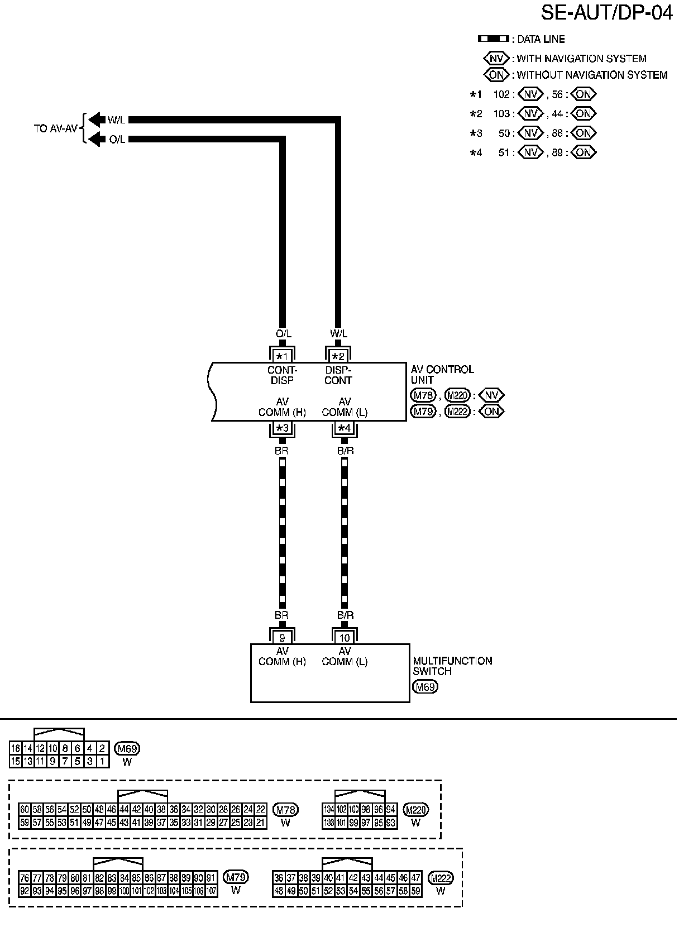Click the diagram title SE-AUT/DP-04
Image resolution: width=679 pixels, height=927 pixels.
point(606,13)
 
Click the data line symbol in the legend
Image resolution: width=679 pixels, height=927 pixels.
point(493,39)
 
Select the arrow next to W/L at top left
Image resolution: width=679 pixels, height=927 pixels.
point(97,120)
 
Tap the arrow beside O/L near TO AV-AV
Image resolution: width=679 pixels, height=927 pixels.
point(97,139)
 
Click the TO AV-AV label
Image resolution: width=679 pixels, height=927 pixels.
point(55,129)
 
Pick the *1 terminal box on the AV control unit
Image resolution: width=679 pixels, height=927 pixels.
point(282,356)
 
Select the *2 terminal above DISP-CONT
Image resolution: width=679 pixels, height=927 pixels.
point(338,356)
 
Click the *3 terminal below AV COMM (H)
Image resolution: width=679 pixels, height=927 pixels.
point(282,428)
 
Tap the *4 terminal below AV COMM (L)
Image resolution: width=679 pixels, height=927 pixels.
point(345,428)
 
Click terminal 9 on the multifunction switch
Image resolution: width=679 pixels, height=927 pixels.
point(282,637)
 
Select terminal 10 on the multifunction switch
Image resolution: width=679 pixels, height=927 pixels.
point(345,637)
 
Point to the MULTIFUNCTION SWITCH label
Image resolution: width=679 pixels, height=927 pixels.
point(452,666)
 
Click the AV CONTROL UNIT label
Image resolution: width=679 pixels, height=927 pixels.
point(442,374)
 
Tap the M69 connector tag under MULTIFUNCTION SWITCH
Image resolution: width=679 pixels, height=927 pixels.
point(425,687)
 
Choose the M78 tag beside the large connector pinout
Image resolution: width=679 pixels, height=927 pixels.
point(285,809)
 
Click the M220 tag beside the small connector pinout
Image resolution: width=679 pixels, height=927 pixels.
point(415,809)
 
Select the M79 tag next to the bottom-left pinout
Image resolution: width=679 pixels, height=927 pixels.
point(236,877)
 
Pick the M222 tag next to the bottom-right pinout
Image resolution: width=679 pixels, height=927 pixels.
point(441,878)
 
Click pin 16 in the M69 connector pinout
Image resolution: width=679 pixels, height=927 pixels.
point(15,748)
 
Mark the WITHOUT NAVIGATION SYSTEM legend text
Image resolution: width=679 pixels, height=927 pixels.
point(592,75)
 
